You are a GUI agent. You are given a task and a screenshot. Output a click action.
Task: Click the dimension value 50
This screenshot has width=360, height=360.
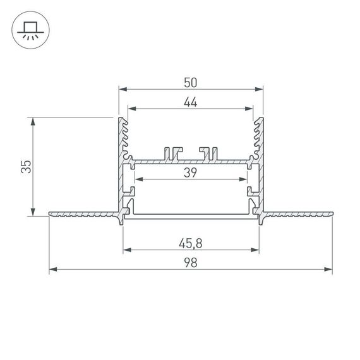pyautogui.click(x=191, y=82)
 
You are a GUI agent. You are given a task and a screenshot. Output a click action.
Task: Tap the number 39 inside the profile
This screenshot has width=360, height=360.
pyautogui.click(x=191, y=172)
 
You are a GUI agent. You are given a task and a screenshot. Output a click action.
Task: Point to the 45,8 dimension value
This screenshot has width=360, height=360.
pyautogui.click(x=191, y=242)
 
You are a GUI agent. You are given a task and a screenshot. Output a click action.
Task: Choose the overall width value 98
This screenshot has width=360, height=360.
pyautogui.click(x=191, y=263)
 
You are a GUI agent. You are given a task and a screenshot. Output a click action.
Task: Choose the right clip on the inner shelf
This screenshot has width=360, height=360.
pyautogui.click(x=208, y=153)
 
